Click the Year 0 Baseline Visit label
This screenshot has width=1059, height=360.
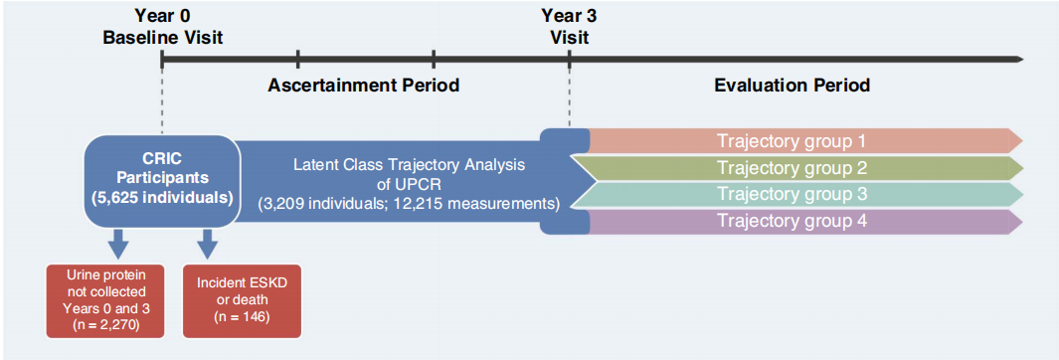(162, 26)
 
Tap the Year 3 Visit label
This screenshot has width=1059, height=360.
(569, 26)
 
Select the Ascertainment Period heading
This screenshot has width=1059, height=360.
(364, 86)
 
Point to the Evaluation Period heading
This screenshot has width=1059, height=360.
(792, 86)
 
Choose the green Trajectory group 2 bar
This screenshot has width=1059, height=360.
(796, 167)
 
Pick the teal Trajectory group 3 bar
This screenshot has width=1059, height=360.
(796, 195)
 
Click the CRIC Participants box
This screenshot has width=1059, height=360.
(162, 180)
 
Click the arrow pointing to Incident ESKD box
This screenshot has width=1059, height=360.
(208, 244)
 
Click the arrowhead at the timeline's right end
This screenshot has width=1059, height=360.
(1019, 60)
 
